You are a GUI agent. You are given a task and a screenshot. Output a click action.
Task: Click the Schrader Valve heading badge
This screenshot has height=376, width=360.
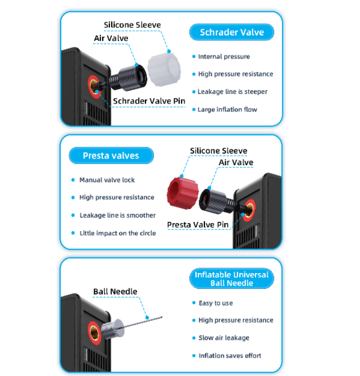point(232,32)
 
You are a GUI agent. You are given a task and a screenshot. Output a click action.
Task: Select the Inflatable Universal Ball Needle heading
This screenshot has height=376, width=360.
point(231,279)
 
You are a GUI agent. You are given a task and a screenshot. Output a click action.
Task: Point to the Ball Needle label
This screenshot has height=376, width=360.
point(115,291)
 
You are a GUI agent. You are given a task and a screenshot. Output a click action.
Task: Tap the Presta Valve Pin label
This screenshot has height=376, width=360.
point(198,225)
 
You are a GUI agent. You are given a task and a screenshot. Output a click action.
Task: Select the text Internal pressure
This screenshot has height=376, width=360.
point(224,57)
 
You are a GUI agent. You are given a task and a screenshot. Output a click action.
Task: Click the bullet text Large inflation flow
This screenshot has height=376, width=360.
point(227,109)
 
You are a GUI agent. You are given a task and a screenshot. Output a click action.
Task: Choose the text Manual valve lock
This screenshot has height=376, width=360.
point(107,180)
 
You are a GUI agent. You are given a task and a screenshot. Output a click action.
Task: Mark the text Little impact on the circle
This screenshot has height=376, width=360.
point(117,233)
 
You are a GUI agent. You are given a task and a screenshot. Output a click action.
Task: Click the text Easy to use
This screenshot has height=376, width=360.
point(216,303)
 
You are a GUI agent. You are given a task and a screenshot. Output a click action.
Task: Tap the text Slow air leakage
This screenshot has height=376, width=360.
point(224,338)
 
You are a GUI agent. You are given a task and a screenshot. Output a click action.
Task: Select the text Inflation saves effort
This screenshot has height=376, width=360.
point(230,356)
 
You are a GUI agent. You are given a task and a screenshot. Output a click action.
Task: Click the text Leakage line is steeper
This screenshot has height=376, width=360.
point(233,92)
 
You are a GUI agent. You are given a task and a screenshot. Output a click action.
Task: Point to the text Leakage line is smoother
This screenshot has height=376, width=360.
point(117,215)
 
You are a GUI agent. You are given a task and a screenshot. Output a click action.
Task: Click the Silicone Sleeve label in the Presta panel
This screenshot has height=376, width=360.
point(218,151)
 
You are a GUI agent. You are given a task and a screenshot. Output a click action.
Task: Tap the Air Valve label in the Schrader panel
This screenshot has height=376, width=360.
point(111,38)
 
